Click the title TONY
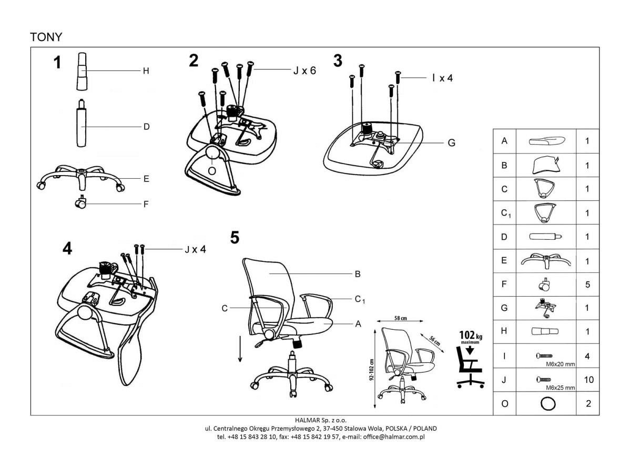(x=46, y=37)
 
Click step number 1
(x=57, y=63)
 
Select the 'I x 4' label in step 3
(x=442, y=78)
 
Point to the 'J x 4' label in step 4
(x=195, y=249)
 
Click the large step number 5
(x=235, y=238)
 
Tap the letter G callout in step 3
(x=451, y=143)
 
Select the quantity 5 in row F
(x=588, y=285)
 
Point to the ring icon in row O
(x=547, y=404)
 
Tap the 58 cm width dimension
(x=400, y=319)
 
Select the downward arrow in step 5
(x=240, y=349)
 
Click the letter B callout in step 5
(x=358, y=274)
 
